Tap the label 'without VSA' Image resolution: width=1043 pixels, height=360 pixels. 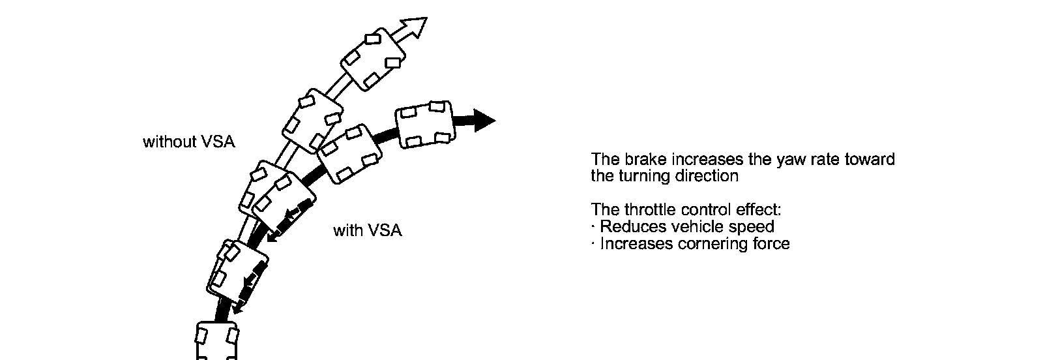click(x=189, y=142)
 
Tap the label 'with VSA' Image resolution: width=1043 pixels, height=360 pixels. click(x=368, y=231)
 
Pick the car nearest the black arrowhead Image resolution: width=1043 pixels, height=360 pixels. click(x=424, y=124)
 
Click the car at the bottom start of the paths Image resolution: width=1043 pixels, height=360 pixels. click(x=216, y=340)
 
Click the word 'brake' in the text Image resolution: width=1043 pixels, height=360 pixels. click(x=645, y=160)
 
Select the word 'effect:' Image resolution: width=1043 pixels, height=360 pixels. click(x=759, y=211)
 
